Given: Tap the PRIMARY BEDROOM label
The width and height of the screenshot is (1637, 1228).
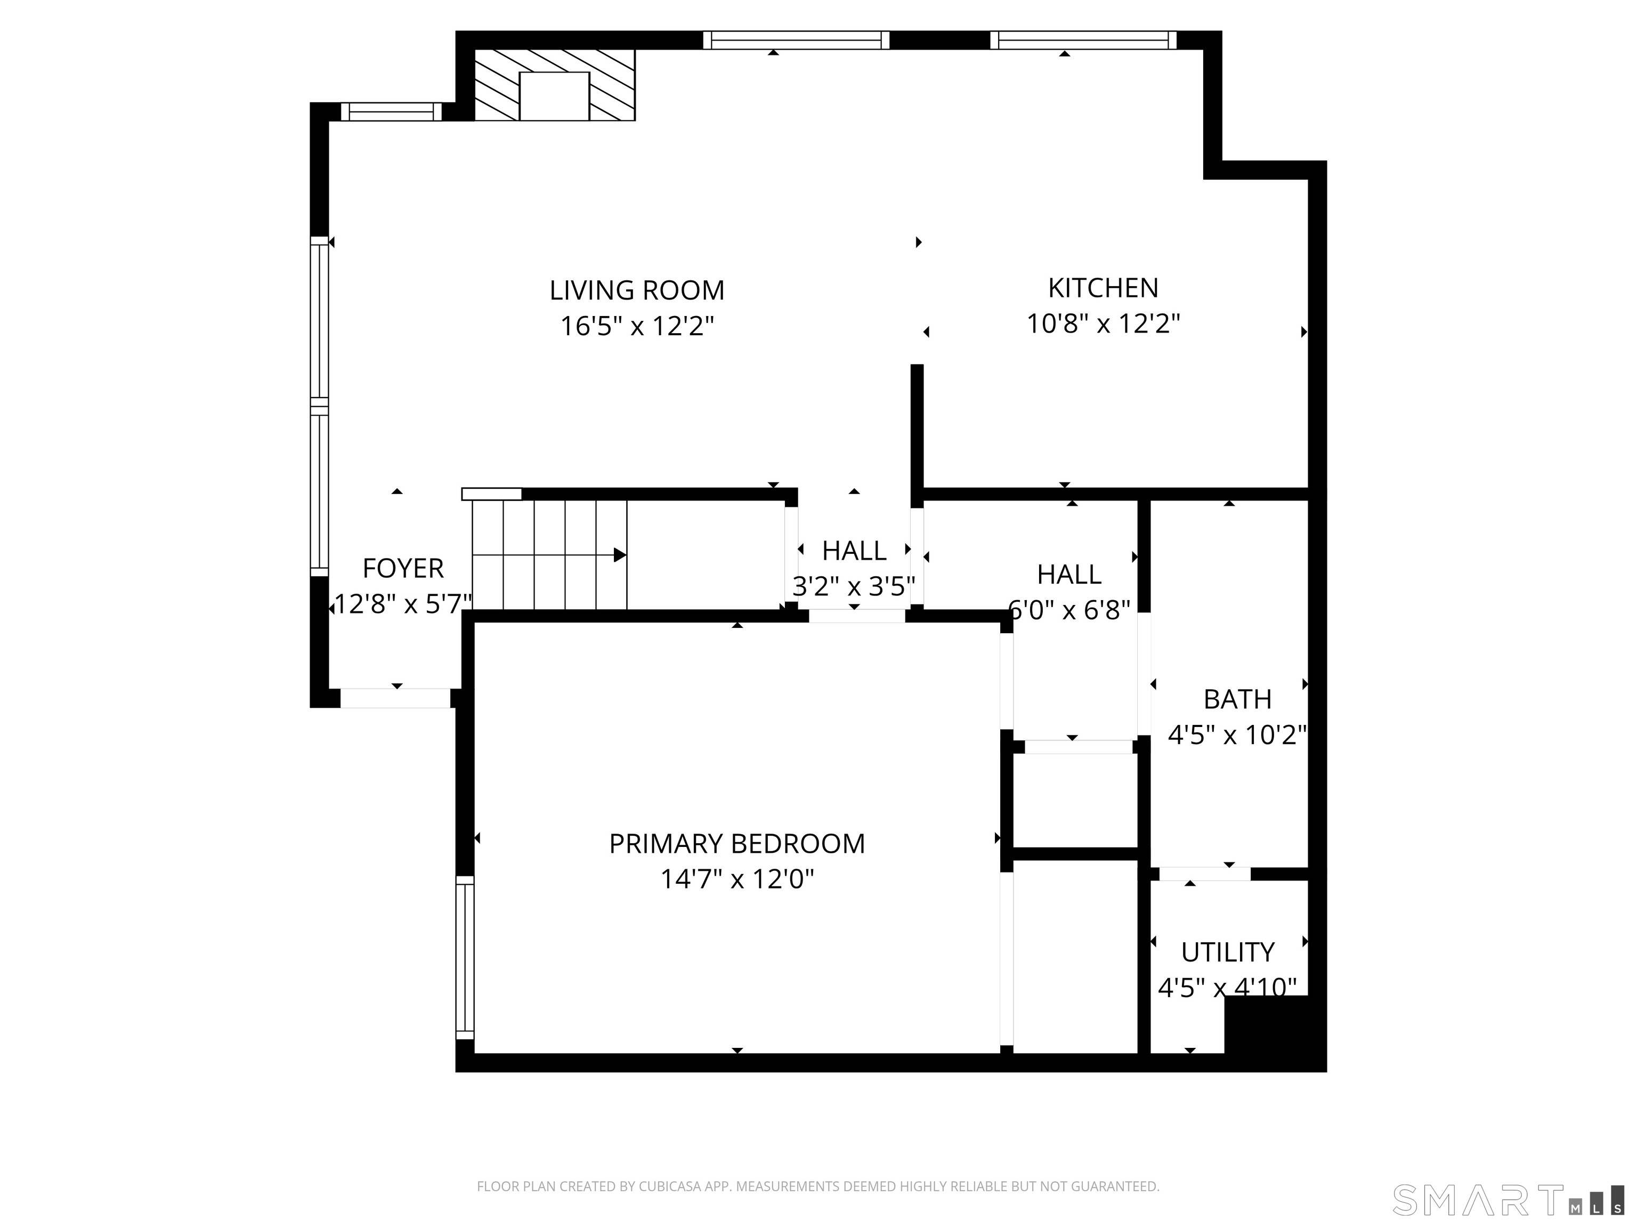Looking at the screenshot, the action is pos(736,844).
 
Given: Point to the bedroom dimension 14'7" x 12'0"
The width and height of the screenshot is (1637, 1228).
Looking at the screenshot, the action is pos(736,879).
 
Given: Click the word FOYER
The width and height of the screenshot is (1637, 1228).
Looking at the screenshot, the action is pos(403,569).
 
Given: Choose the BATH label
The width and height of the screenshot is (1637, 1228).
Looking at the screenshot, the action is pos(1237,699).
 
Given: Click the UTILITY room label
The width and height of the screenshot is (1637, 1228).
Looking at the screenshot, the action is pos(1228,952).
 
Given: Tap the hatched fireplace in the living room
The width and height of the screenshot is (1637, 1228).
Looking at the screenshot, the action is pos(554,85).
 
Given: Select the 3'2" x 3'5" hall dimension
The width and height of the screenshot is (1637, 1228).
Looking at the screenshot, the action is pos(854,586).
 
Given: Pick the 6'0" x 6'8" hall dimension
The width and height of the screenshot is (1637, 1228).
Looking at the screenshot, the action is pos(1069,610).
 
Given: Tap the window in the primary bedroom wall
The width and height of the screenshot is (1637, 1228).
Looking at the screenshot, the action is pos(465,957).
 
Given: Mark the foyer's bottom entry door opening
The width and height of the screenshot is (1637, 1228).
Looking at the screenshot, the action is pos(395,698).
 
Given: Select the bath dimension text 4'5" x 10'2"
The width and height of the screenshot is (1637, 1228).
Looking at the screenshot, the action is pos(1237,735).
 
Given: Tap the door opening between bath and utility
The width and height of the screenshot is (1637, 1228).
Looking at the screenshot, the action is pos(1205,874).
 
